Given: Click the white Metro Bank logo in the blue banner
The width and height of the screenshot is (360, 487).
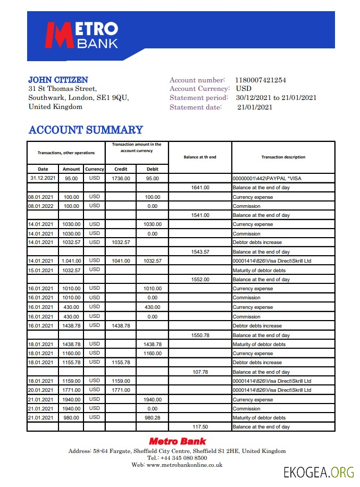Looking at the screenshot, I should pos(81,35).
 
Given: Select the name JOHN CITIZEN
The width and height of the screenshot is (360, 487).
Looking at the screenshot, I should pos(58,80).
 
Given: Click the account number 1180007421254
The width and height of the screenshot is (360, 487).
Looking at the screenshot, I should pos(260,80).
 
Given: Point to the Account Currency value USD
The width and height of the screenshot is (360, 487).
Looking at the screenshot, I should pos(244,89).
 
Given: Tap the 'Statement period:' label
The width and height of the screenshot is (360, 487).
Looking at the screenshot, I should pos(198,98).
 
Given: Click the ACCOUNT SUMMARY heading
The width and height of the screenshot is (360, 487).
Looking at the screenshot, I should pos(86,130).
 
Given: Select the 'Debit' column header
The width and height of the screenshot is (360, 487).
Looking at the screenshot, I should pos(152,169).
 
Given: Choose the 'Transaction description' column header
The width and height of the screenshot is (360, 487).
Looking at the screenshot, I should pos(283,157).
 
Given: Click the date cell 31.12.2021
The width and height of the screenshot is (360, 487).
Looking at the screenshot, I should pos(43,178).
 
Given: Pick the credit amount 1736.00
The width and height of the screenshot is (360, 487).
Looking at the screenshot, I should pos(121,179).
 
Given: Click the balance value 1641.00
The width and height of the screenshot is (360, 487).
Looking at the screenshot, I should pos(200,188).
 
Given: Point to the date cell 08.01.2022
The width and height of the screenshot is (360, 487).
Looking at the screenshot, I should pos(40,206).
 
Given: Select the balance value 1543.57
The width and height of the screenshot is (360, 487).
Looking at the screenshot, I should pos(200,252).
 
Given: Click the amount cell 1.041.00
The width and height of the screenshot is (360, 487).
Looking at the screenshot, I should pos(71,261).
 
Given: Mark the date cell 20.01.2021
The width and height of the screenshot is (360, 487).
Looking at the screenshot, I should pos(40,390).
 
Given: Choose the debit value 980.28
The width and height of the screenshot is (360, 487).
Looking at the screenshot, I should pos(152,417).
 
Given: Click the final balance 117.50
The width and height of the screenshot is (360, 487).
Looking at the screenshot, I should pos(200,427).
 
